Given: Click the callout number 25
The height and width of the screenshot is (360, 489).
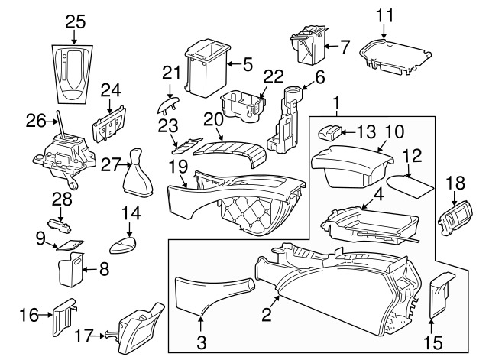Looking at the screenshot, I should (x=75, y=21).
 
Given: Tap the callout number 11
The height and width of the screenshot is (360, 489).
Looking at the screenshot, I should (x=385, y=14).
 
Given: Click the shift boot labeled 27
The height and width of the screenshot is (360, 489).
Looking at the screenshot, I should (x=138, y=168).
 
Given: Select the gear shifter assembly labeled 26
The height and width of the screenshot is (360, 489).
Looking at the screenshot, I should (x=63, y=155).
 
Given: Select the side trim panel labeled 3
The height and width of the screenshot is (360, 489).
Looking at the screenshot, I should (x=206, y=294).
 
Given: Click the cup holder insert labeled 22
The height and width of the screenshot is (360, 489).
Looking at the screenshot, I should (x=241, y=105).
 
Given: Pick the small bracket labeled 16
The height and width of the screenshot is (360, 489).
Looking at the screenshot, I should (x=63, y=316).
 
